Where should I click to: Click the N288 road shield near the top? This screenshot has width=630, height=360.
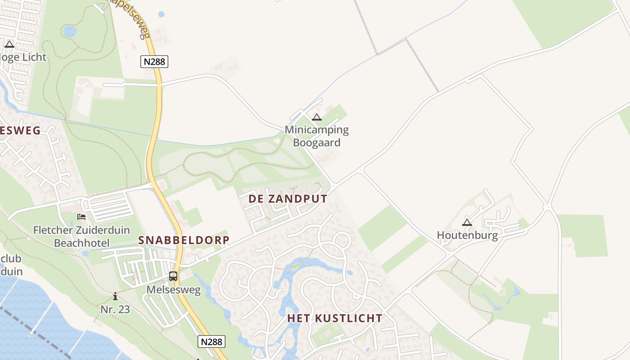click(154, 62)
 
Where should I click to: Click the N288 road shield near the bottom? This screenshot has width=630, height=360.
click(211, 342)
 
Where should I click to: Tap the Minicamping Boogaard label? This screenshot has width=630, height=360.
click(317, 136)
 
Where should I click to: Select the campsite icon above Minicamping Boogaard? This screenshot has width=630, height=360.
click(317, 118)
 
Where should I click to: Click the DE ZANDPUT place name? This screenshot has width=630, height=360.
click(288, 199)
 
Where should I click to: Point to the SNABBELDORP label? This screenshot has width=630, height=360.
click(184, 240)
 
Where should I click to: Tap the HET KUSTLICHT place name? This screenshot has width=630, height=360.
click(335, 318)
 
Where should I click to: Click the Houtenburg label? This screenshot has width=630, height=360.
click(467, 235)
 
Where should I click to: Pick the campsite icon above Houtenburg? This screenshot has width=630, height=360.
click(467, 222)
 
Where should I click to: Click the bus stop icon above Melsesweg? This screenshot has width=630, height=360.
click(173, 276)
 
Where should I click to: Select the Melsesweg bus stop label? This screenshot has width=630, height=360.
click(173, 290)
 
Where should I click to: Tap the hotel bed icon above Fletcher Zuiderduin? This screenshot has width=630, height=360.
click(81, 217)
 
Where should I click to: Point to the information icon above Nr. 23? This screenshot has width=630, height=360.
click(115, 296)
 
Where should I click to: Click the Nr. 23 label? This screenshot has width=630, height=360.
click(115, 309)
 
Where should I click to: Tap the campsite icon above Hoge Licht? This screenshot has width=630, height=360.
click(9, 44)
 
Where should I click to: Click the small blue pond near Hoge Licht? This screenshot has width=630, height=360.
click(70, 31)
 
